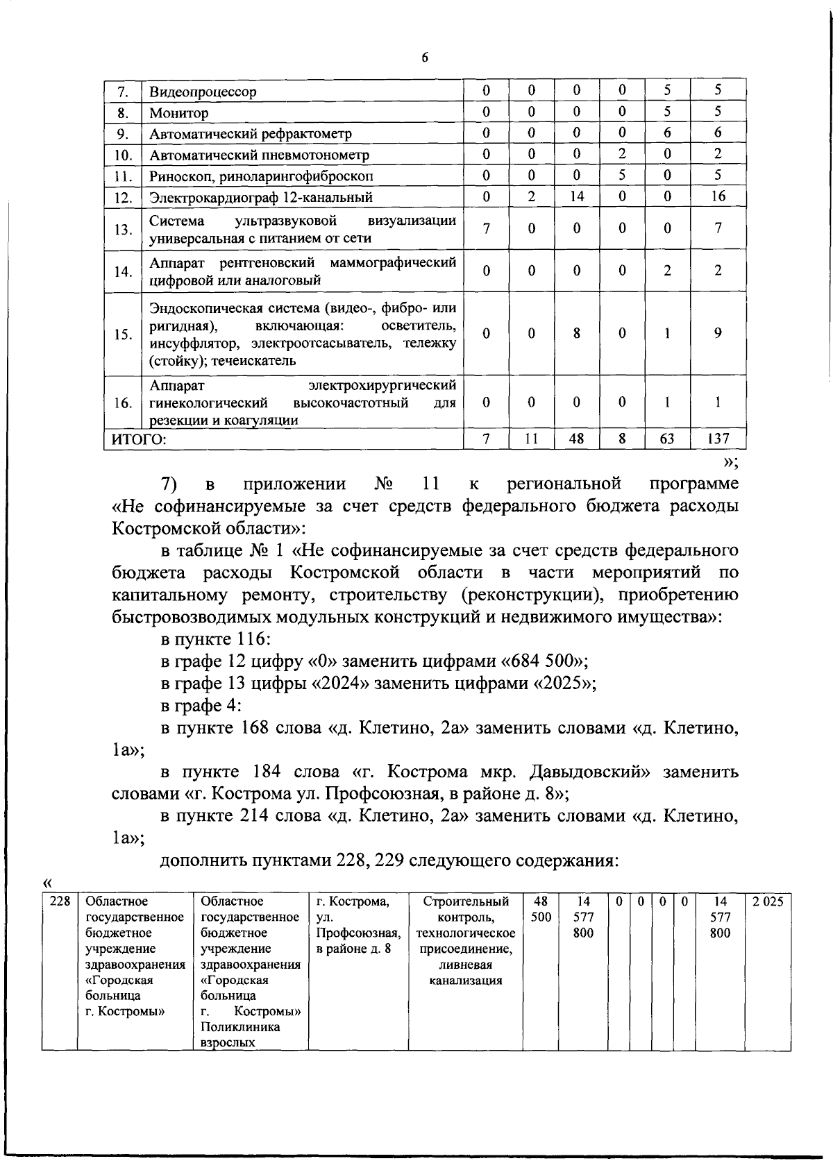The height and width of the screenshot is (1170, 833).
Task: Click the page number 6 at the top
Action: click(425, 58)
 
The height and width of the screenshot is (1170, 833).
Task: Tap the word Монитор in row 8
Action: click(179, 112)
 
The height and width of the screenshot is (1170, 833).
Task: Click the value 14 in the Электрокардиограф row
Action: click(576, 196)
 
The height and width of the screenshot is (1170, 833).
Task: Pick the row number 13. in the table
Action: click(123, 229)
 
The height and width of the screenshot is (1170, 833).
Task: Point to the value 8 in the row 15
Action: click(576, 333)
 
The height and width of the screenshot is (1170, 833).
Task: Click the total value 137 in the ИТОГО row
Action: click(718, 439)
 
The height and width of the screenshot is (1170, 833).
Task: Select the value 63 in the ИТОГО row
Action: click(666, 439)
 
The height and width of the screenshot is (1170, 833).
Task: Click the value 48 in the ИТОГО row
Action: click(576, 439)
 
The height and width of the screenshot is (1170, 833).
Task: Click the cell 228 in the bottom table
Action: click(58, 901)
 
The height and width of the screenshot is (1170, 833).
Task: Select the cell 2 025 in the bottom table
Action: click(768, 901)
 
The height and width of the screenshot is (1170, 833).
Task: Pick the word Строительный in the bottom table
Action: click(465, 901)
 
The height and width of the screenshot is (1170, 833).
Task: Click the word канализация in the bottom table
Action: click(465, 981)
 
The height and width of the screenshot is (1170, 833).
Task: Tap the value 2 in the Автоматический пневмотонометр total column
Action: click(718, 154)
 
